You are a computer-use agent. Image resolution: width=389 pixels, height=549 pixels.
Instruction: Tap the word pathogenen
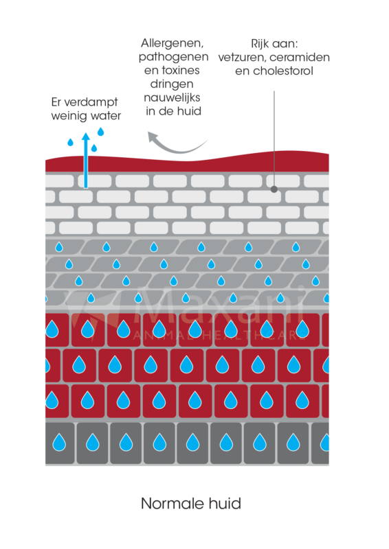pyautogui.click(x=173, y=58)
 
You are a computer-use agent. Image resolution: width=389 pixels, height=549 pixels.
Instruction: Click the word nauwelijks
pyautogui.click(x=172, y=97)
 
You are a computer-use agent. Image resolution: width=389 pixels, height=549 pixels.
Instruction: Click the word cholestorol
pyautogui.click(x=283, y=71)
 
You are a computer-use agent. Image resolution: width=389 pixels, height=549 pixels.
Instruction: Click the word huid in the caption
pyautogui.click(x=225, y=504)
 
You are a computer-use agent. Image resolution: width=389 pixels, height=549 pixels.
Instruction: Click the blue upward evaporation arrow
pyautogui.click(x=85, y=160)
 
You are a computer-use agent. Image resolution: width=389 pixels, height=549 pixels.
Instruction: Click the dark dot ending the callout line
pyautogui.click(x=274, y=189)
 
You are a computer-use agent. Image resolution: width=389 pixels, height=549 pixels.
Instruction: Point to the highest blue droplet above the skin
pyautogui.click(x=100, y=132)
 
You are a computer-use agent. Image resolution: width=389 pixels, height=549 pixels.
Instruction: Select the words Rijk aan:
pyautogui.click(x=274, y=44)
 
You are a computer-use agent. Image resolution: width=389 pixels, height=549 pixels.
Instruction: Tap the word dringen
pyautogui.click(x=172, y=84)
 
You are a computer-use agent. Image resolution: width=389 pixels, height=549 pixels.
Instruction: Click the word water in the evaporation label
pyautogui.click(x=104, y=116)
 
